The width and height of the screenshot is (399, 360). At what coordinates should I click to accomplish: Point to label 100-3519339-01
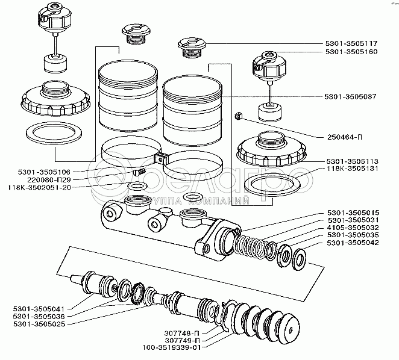[171, 347]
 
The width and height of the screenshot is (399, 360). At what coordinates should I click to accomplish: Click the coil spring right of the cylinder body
[250, 243]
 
